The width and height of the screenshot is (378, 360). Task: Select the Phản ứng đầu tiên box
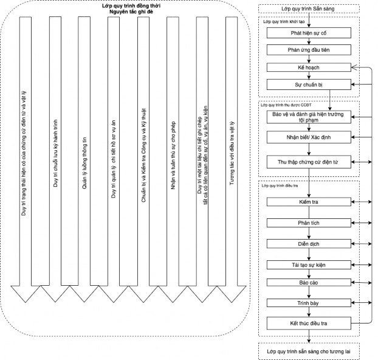(x=309, y=49)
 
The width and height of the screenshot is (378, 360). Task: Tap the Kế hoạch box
(x=309, y=67)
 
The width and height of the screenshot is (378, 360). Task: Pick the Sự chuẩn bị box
(x=309, y=85)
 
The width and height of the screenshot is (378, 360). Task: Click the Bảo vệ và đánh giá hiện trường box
(x=309, y=116)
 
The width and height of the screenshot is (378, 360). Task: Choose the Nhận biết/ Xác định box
(x=309, y=138)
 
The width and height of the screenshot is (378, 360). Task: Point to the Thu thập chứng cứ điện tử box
(x=309, y=162)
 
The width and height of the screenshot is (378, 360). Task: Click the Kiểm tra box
(x=309, y=201)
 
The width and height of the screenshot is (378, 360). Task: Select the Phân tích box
(x=309, y=223)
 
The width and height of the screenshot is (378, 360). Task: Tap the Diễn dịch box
(x=309, y=244)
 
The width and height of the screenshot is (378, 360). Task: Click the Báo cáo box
(x=309, y=283)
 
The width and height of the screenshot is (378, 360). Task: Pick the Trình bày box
(x=309, y=302)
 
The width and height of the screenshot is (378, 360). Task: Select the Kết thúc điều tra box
(x=309, y=322)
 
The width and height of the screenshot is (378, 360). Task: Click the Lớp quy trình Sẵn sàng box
(x=309, y=10)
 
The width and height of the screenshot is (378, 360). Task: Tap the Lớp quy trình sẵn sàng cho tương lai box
(x=309, y=351)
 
